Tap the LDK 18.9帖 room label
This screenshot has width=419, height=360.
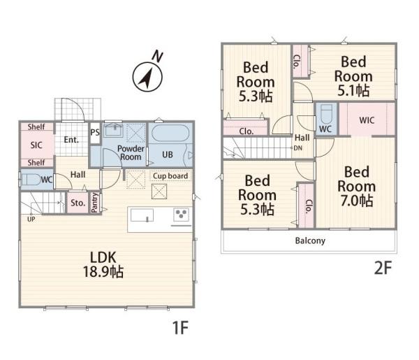pos(103,265)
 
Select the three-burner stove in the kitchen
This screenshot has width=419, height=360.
pos(181,215)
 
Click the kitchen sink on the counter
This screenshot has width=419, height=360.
pos(142,215)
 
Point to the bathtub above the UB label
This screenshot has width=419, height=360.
pos(170,133)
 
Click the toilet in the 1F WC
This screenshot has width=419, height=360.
pos(31,179)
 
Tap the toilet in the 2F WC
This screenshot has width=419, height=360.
pos(326,114)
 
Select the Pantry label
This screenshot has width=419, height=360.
pos(94,203)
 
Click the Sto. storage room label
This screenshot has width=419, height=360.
pos(78,203)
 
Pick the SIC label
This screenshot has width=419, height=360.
pos(36,145)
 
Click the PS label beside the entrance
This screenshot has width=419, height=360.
pos(95,132)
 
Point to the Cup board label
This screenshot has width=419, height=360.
pos(170,176)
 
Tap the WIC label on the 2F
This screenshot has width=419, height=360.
pos(367,120)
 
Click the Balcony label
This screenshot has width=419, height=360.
pos(310,240)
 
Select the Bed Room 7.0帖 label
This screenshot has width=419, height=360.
pos(356,187)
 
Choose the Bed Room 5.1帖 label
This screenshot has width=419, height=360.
pos(353,76)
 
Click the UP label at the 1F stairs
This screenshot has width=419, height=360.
pos(31,219)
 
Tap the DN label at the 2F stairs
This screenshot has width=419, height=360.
pos(298,148)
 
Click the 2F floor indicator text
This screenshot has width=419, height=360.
pos(383,268)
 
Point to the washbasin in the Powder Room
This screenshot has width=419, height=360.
pos(114,130)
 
